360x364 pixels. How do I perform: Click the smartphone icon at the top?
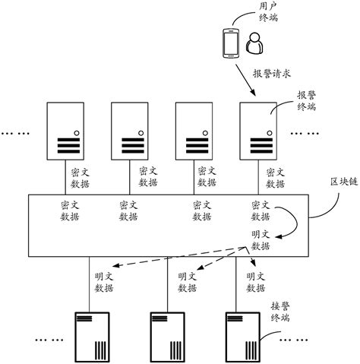coord(229,44)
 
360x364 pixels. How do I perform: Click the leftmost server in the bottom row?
coord(89,334)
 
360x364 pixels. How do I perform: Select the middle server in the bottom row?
coord(168,334)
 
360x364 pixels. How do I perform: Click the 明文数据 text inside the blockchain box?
coord(261,240)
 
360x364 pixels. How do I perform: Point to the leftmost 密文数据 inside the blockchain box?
coord(70,210)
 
